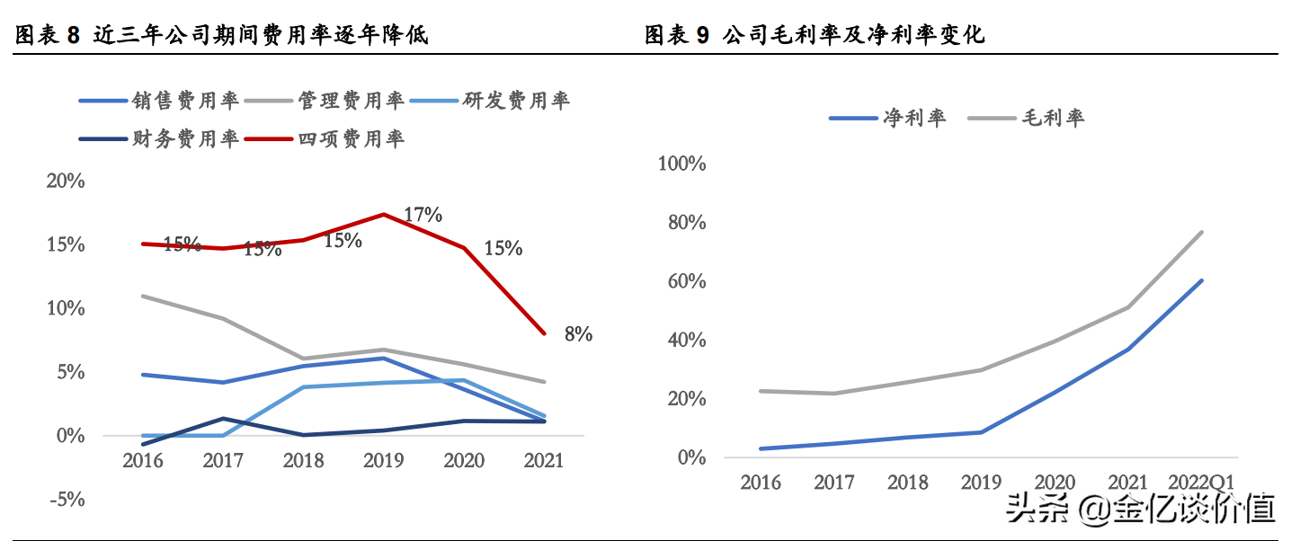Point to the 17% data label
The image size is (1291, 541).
coord(423,215)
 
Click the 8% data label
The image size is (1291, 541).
coord(578,334)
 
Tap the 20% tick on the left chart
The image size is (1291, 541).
coord(66,181)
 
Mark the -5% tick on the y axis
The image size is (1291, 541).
coord(66,500)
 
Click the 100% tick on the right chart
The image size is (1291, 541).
coord(681,164)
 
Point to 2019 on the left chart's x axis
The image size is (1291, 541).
coord(385,461)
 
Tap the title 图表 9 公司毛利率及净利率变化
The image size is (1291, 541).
coord(815,35)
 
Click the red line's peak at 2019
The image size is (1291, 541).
coord(385,214)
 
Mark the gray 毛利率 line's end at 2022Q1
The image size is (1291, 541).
coord(1202,232)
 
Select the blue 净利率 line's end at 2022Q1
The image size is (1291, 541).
coord(1202,280)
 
